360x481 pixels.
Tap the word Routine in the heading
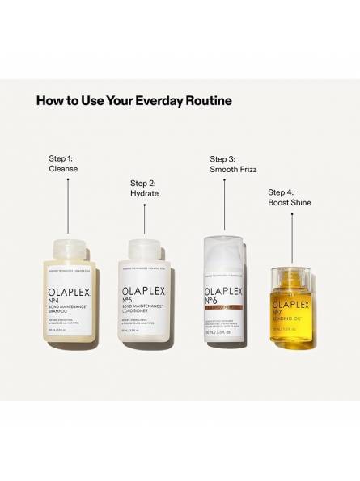[x=210, y=101]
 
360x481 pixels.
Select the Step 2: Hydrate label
[x=145, y=189]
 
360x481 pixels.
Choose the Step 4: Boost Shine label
[x=289, y=197]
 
